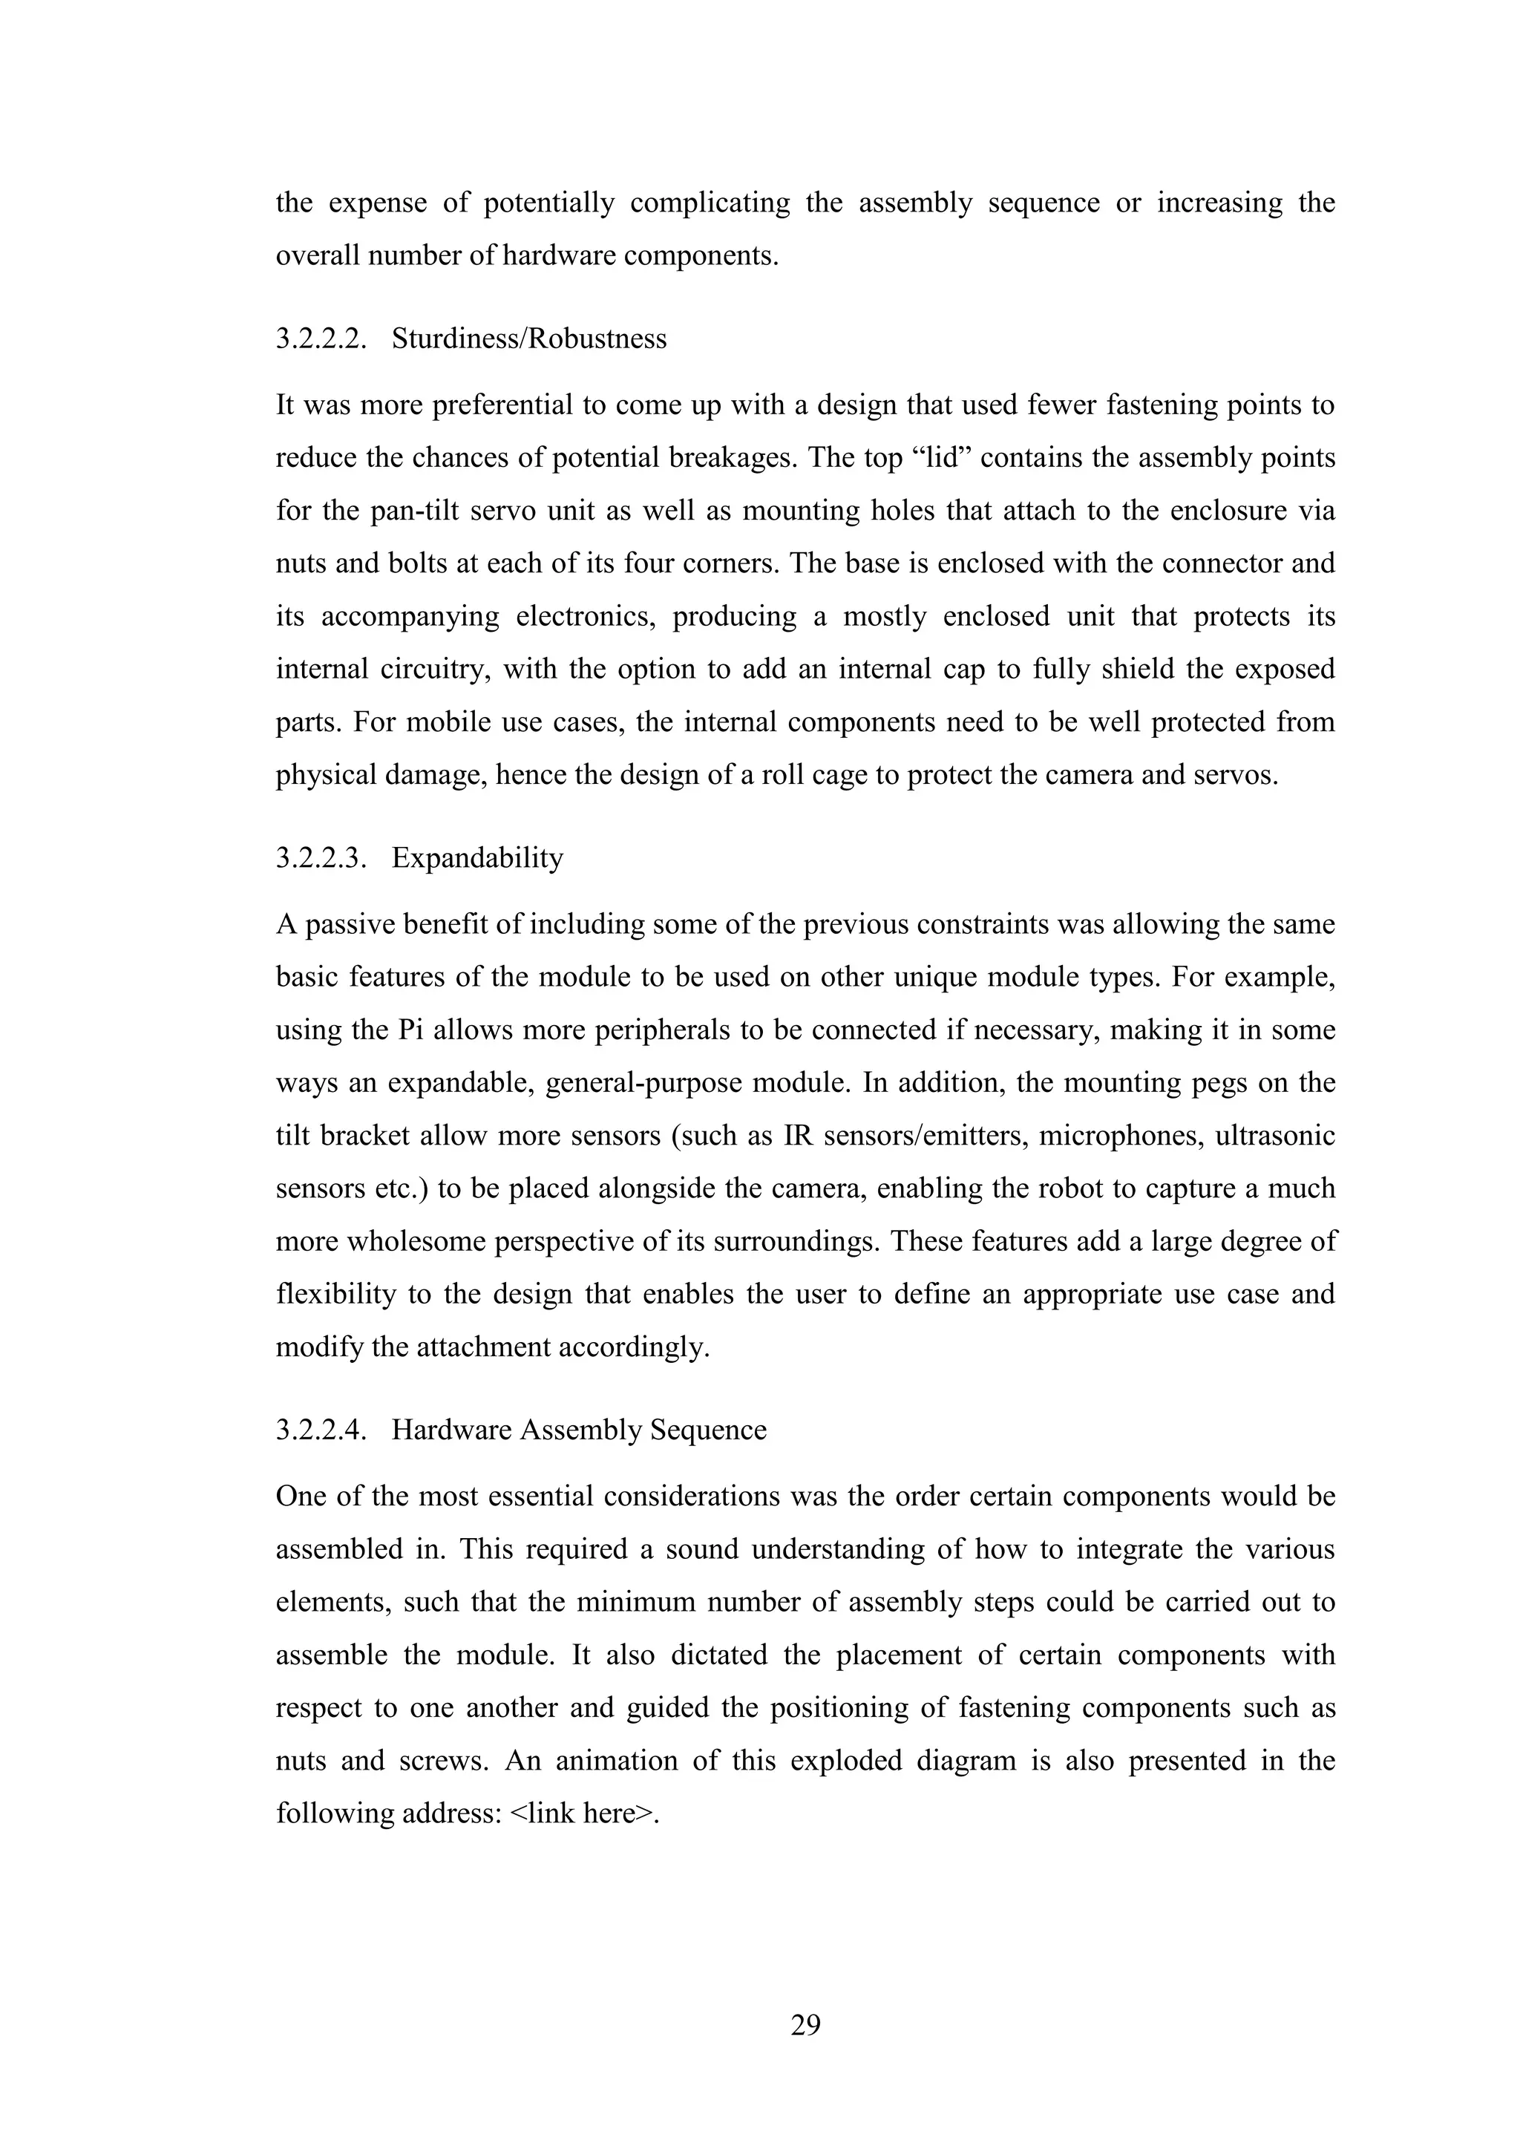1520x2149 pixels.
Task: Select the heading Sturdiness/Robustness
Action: point(529,338)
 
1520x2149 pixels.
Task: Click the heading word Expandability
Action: point(477,857)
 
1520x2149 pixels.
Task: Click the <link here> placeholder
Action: point(583,1813)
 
